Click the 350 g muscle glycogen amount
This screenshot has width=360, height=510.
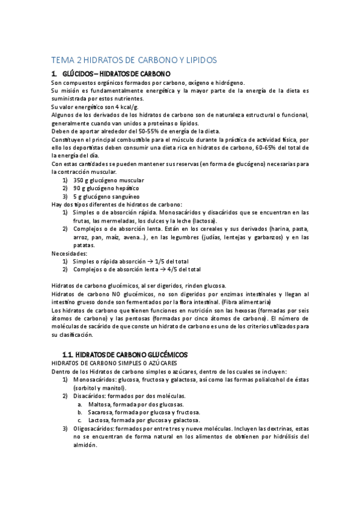point(81,180)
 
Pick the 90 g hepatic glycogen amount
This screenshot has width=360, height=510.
point(78,188)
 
